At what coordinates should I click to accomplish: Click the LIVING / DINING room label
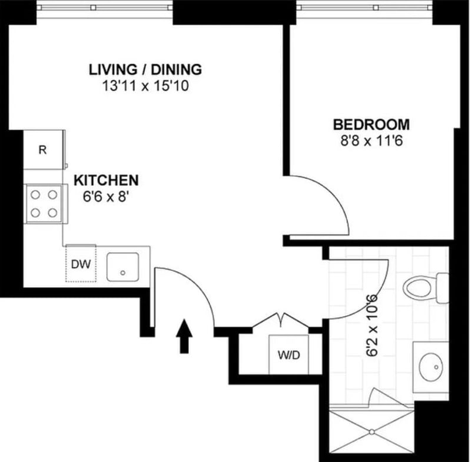coord(145,69)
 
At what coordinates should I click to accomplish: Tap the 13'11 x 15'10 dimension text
coord(145,86)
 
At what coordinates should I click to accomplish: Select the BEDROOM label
coord(371,125)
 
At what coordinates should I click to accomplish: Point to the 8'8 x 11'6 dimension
coord(371,141)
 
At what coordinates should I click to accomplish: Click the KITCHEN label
coord(106,180)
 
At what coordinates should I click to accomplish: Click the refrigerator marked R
coord(43,149)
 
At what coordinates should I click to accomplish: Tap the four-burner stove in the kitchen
coord(44,203)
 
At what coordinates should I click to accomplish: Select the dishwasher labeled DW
coord(81,264)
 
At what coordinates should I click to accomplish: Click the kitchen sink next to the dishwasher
coord(122,267)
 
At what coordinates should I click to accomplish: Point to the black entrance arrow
coord(185,335)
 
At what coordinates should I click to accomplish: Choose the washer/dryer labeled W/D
coord(289,355)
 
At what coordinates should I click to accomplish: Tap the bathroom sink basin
coord(430,368)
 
